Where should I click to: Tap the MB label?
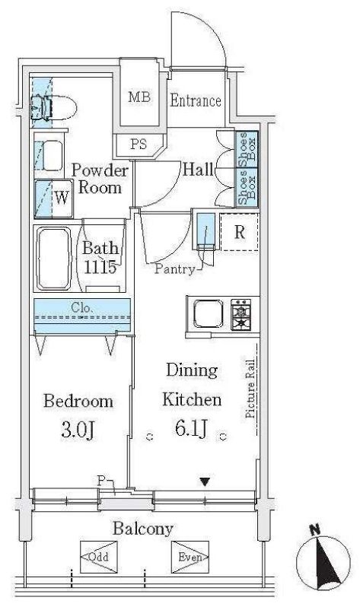click(x=139, y=97)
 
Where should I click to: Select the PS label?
click(x=139, y=145)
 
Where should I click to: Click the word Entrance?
click(x=196, y=100)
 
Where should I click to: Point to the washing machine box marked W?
click(x=54, y=199)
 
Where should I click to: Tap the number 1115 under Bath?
click(x=100, y=268)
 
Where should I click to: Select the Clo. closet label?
click(x=81, y=308)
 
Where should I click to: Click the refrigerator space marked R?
click(x=239, y=232)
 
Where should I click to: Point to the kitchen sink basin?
click(x=209, y=313)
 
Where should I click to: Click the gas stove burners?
click(x=241, y=314)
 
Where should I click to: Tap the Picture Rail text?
click(x=250, y=388)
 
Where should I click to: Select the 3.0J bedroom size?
click(x=78, y=430)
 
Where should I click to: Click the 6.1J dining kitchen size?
click(x=192, y=428)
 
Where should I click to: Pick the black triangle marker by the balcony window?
click(x=205, y=482)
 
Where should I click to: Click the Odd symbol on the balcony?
click(x=98, y=557)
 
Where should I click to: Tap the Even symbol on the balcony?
click(x=190, y=557)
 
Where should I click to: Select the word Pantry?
click(x=174, y=268)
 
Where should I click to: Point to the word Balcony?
click(x=143, y=529)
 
